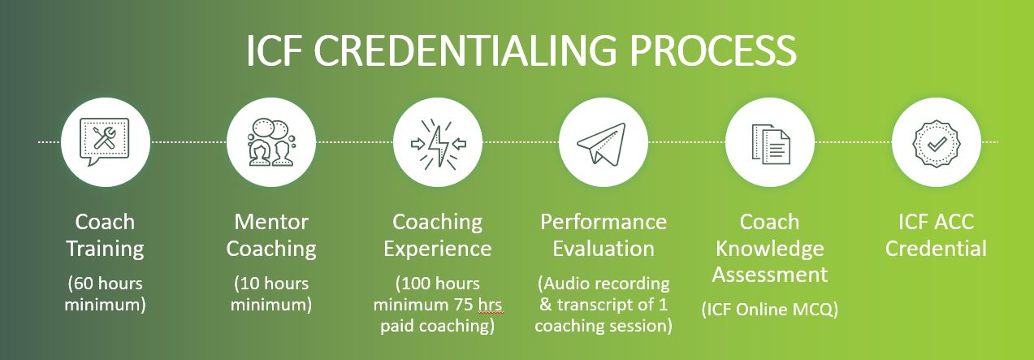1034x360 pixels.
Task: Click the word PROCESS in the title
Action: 713,50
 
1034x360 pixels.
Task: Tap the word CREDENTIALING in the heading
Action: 465,50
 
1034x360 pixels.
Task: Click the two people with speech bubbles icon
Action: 271,141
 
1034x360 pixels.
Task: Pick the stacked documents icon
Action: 771,144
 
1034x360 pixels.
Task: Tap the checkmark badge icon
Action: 937,144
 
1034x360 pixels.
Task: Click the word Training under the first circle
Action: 106,249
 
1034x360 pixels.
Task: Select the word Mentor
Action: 271,222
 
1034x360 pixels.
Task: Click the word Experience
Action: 438,249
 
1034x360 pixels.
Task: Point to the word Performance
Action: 604,222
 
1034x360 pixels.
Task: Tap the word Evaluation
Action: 604,249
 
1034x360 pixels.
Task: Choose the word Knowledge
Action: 770,249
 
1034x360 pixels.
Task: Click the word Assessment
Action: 770,275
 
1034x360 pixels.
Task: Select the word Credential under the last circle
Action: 936,249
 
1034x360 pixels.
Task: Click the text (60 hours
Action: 106,284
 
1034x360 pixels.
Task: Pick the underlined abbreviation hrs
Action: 490,305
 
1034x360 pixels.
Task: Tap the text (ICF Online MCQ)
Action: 769,310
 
